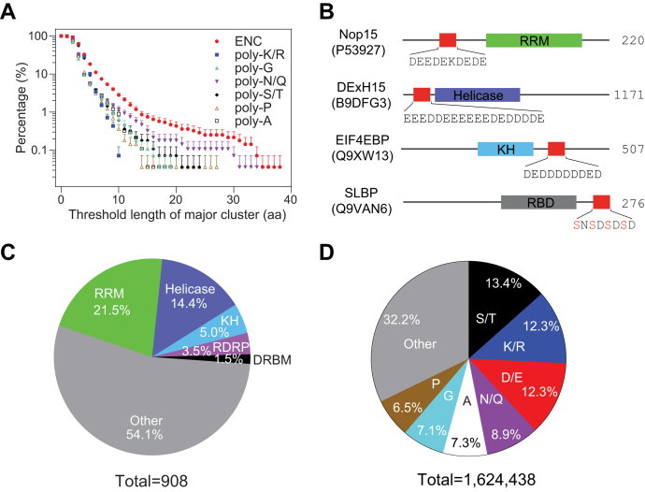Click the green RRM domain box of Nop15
(534, 40)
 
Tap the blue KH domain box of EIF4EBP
(505, 149)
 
